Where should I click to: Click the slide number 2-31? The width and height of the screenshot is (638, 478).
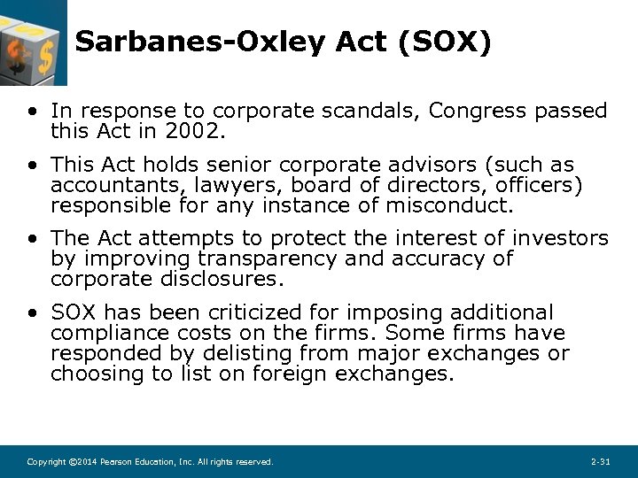click(x=600, y=463)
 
